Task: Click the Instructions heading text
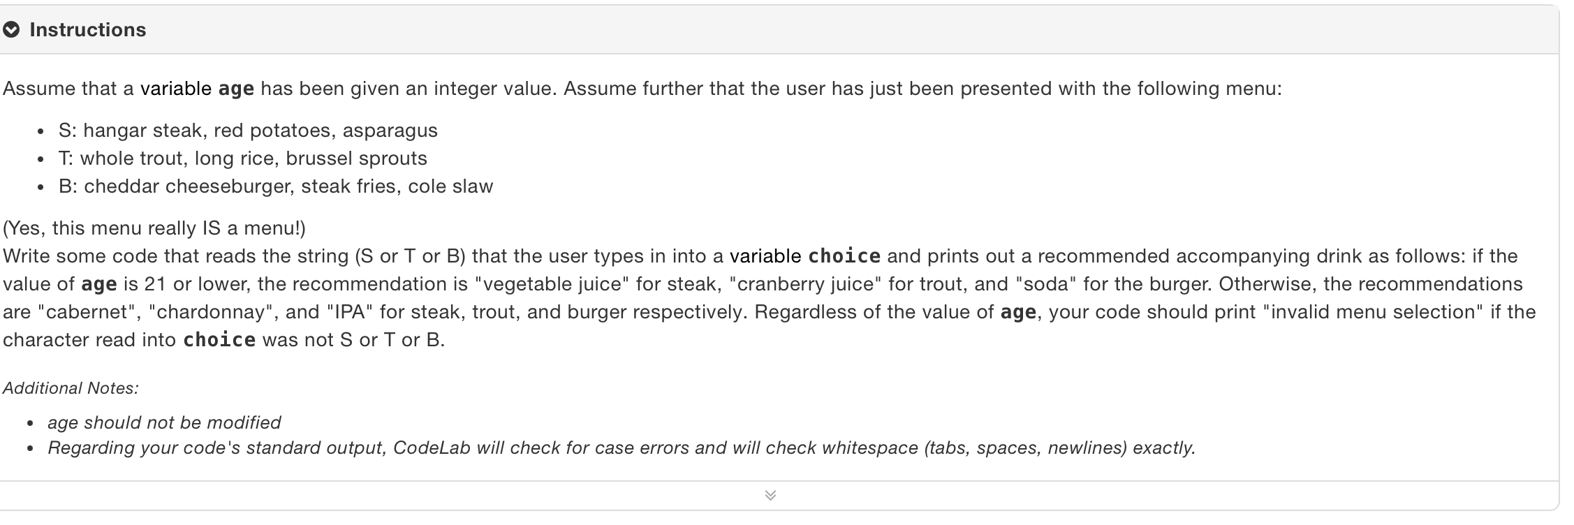point(88,30)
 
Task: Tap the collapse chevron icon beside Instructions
point(11,30)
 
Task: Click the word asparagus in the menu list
point(390,131)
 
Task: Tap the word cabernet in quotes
point(89,312)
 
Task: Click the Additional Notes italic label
point(71,388)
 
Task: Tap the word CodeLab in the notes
point(432,448)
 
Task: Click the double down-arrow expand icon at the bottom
point(770,496)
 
